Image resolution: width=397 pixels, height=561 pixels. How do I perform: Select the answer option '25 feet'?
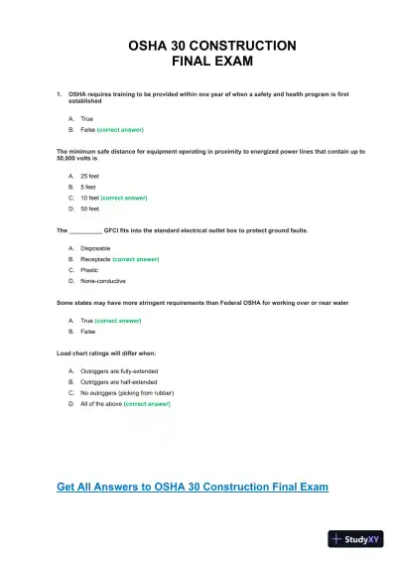click(x=89, y=176)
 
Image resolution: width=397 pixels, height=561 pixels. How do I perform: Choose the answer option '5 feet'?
click(x=87, y=187)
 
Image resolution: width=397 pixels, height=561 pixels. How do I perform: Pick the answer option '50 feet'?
click(x=89, y=210)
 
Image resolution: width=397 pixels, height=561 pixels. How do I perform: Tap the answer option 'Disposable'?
click(x=95, y=247)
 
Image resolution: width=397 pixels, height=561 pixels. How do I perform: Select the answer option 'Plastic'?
click(x=88, y=270)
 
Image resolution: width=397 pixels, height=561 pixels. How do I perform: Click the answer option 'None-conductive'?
click(x=101, y=281)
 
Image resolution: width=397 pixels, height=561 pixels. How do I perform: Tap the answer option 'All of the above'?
click(x=100, y=404)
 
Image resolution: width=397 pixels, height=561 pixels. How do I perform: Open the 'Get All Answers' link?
click(x=193, y=487)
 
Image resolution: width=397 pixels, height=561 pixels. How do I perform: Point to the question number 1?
click(x=60, y=94)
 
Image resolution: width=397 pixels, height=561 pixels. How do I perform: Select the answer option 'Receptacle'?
click(x=95, y=259)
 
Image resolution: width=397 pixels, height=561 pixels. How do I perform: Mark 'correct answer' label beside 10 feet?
click(x=124, y=199)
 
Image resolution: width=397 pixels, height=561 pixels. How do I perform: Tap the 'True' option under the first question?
click(x=86, y=118)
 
